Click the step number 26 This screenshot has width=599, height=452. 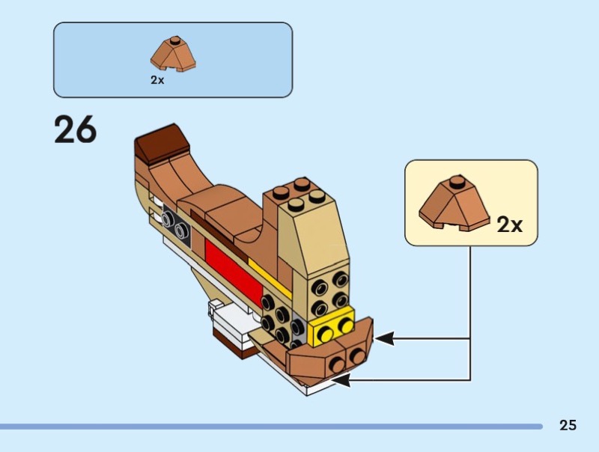[x=75, y=130]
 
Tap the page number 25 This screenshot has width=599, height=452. [x=568, y=426]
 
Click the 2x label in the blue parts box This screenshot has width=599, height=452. [x=157, y=80]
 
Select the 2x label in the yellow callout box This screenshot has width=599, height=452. [x=510, y=224]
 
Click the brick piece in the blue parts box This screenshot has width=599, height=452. [x=173, y=53]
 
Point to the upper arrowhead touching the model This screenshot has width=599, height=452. [x=384, y=339]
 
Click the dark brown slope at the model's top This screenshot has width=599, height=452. [x=159, y=140]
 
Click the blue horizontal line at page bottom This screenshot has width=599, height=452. [x=270, y=427]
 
